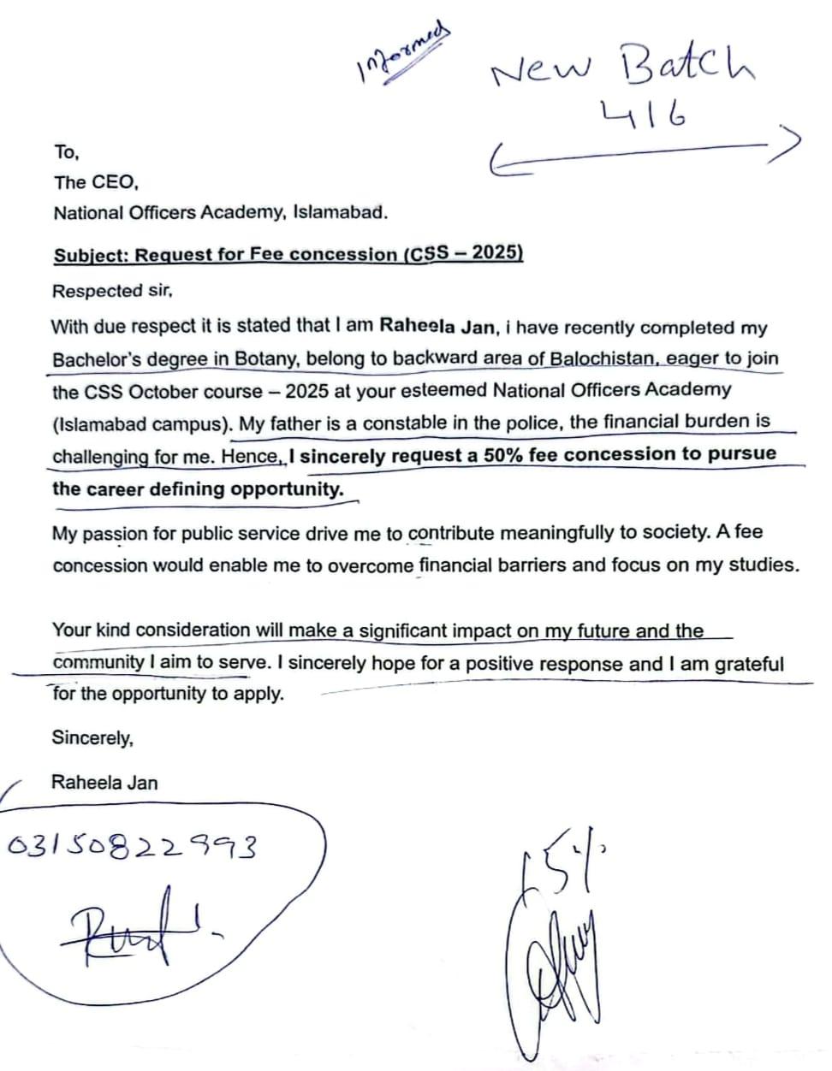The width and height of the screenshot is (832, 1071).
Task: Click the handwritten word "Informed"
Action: point(401,52)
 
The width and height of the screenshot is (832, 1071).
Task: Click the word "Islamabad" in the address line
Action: point(340,212)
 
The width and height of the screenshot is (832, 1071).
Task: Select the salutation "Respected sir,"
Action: point(112,291)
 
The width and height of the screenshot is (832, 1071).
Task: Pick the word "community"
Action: point(98,663)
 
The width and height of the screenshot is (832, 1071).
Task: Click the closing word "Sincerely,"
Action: point(92,737)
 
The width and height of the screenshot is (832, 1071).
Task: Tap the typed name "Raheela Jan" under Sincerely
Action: point(104,782)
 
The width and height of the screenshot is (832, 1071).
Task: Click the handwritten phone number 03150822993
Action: point(131,848)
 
